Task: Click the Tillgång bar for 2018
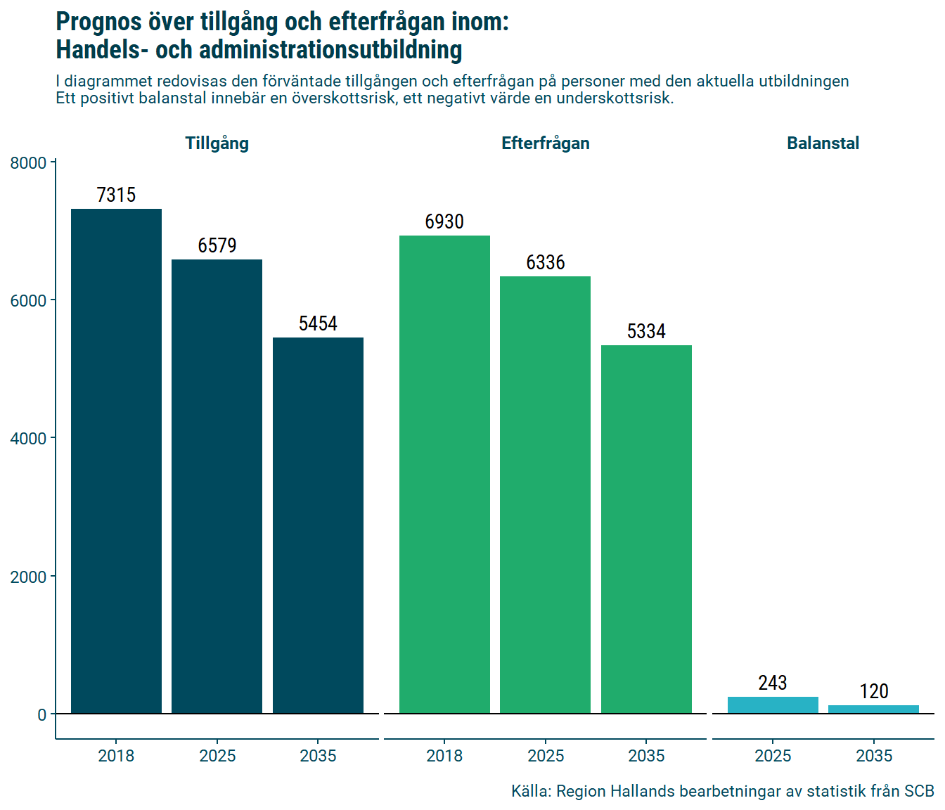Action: [x=116, y=461]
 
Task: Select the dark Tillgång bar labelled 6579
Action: [x=217, y=487]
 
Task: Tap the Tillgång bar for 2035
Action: [x=318, y=525]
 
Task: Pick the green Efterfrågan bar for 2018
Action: [x=444, y=475]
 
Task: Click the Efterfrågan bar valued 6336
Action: [x=545, y=495]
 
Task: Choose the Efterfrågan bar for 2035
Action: [x=646, y=529]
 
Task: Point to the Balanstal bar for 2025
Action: [x=773, y=705]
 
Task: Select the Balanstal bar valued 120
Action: [x=873, y=709]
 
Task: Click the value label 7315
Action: [x=116, y=195]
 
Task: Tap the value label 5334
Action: [x=646, y=331]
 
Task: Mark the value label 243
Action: [x=773, y=683]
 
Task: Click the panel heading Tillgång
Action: [x=217, y=143]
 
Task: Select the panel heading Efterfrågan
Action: [x=545, y=143]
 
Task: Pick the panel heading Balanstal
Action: [x=823, y=143]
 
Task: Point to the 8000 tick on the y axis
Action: [x=28, y=163]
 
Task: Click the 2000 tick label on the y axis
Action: [x=28, y=577]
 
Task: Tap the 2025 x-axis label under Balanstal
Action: [x=773, y=756]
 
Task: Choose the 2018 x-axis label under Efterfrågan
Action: [x=444, y=756]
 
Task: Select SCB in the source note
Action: [x=919, y=791]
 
